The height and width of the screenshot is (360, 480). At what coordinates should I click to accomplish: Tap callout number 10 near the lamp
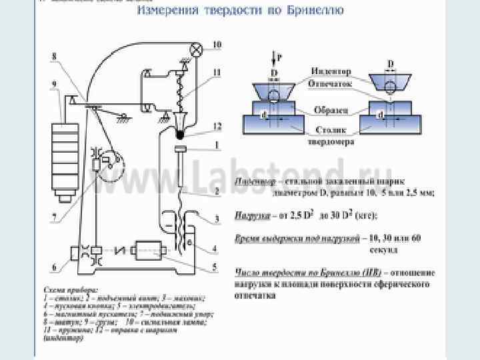pos(217,45)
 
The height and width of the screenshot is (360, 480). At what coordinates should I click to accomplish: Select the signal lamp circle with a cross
pos(197,49)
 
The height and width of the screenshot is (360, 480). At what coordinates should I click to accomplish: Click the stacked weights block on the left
pos(65,157)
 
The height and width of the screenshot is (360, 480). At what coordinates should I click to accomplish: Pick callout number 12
pos(217,126)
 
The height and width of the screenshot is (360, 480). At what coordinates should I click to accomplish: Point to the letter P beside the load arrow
pos(279,58)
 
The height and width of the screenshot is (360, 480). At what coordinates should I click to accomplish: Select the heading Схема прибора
pos(70,291)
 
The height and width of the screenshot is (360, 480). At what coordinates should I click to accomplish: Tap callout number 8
pos(54,57)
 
